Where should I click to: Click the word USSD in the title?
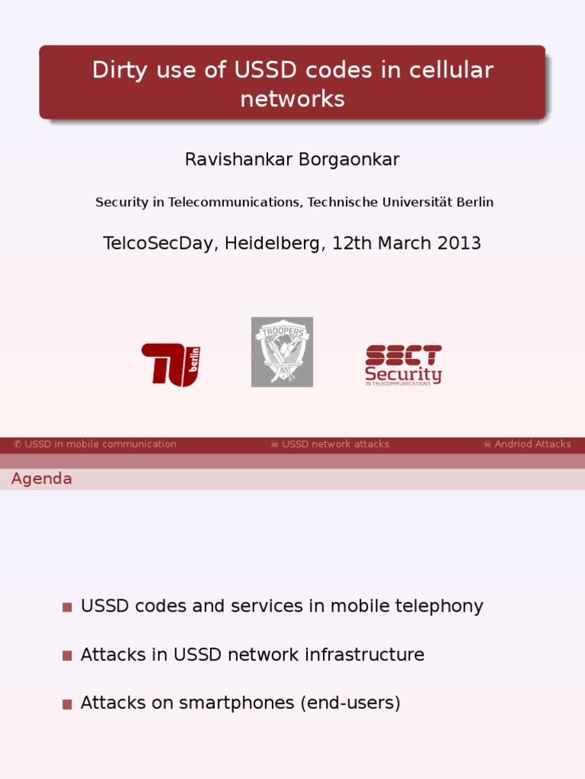pos(263,70)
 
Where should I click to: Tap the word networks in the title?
pos(292,99)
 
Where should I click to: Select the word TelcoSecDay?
pos(158,243)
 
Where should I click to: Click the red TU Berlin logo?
pos(171,364)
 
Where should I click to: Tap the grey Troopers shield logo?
pos(282,352)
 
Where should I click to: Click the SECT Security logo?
pos(403,365)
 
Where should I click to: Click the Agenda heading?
pos(42,479)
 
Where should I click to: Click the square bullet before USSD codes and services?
pos(67,607)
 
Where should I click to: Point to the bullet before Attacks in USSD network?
pos(67,656)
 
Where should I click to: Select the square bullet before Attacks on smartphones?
pos(67,704)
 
